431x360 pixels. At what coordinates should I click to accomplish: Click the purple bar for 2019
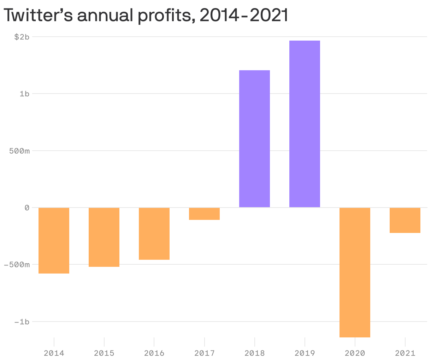pyautogui.click(x=305, y=124)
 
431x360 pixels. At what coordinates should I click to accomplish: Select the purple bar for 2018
pyautogui.click(x=254, y=139)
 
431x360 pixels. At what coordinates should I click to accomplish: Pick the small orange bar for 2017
pyautogui.click(x=204, y=214)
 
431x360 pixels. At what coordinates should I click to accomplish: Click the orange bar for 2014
pyautogui.click(x=54, y=240)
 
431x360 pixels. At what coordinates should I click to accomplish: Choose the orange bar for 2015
pyautogui.click(x=104, y=237)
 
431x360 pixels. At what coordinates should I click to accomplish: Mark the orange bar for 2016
pyautogui.click(x=154, y=234)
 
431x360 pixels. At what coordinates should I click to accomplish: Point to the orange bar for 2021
pyautogui.click(x=405, y=220)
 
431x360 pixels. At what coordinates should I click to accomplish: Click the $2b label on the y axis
pyautogui.click(x=22, y=37)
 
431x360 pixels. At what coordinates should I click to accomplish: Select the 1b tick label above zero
pyautogui.click(x=24, y=94)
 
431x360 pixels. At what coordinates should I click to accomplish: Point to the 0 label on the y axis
pyautogui.click(x=27, y=208)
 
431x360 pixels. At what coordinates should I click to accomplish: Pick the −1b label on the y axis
pyautogui.click(x=22, y=322)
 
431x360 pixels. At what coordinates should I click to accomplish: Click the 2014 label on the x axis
pyautogui.click(x=54, y=353)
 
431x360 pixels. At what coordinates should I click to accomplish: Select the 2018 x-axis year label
pyautogui.click(x=254, y=353)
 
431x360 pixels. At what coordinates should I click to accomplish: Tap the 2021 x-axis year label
pyautogui.click(x=405, y=353)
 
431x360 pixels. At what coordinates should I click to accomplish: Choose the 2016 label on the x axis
pyautogui.click(x=154, y=353)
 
